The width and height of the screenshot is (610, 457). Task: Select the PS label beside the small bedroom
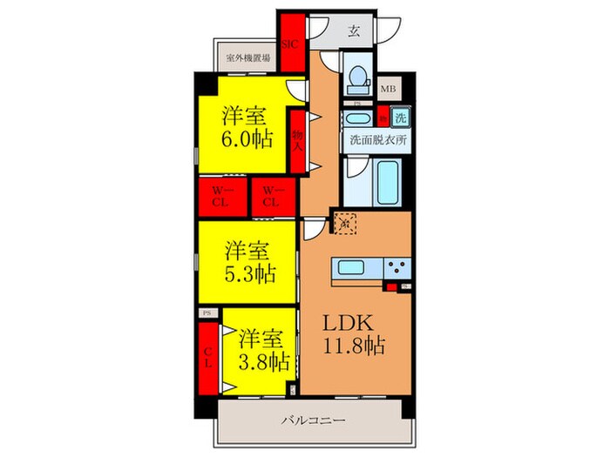(x=207, y=313)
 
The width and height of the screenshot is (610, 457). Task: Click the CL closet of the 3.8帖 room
(x=207, y=358)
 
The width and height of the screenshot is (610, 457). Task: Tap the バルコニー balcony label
(x=313, y=420)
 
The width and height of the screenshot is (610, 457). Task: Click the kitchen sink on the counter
(x=350, y=268)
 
